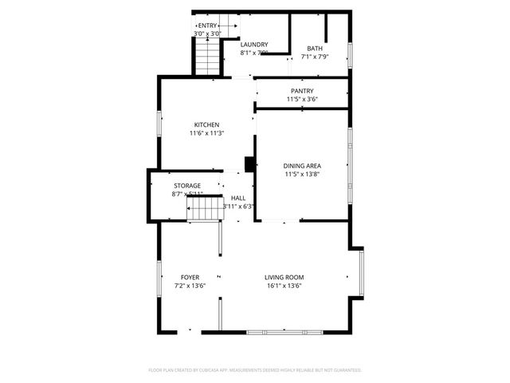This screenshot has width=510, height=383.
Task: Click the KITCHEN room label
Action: click(206, 124)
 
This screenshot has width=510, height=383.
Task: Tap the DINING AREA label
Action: click(302, 164)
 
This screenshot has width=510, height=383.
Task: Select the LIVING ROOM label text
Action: click(284, 277)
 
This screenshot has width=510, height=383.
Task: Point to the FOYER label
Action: click(190, 277)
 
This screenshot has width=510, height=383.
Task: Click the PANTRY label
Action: click(302, 91)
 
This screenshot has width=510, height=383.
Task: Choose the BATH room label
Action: click(315, 49)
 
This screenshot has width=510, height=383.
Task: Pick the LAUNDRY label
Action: click(254, 45)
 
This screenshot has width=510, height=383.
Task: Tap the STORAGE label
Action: click(187, 185)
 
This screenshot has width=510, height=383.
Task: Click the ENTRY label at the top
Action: click(208, 26)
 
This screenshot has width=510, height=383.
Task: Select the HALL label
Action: click(238, 198)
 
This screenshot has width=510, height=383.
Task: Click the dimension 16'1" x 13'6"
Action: click(284, 286)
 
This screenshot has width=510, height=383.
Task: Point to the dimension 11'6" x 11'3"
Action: click(206, 133)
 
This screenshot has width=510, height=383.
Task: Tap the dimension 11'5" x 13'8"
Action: click(302, 173)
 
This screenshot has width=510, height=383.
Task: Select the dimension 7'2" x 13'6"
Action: click(190, 286)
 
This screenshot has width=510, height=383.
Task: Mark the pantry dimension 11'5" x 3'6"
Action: click(302, 99)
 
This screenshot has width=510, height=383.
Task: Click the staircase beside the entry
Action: click(207, 57)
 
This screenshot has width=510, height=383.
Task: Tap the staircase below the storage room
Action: click(202, 210)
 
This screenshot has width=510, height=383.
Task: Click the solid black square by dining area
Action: click(249, 164)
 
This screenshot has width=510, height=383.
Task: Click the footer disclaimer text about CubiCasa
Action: click(255, 370)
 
